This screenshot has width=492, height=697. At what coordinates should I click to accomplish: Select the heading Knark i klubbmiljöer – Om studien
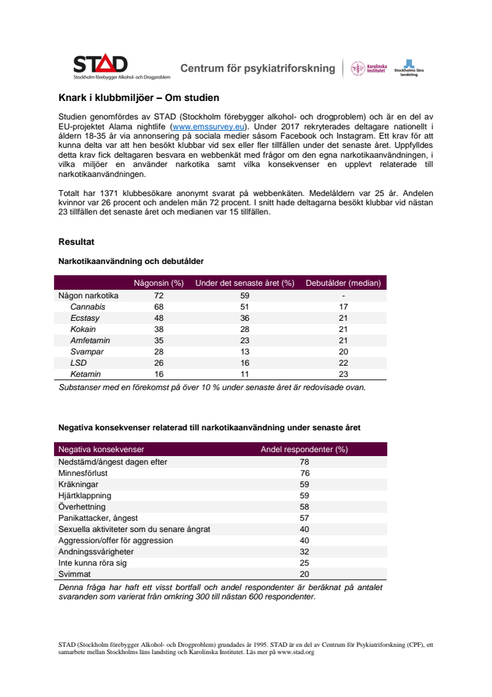click(x=138, y=98)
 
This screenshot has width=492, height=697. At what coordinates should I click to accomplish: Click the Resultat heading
click(x=77, y=242)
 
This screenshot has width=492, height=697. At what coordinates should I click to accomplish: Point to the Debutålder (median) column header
click(x=343, y=283)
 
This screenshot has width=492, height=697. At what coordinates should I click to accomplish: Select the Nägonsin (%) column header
click(x=158, y=283)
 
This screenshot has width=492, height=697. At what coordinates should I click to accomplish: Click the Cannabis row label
click(x=88, y=307)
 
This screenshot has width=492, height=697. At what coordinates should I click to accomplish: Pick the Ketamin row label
click(x=86, y=374)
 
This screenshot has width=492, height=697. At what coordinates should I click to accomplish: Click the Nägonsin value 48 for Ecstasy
click(x=158, y=318)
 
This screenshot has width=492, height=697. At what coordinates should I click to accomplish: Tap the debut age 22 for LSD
click(x=344, y=363)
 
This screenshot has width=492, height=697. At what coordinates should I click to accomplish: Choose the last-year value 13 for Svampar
click(x=245, y=352)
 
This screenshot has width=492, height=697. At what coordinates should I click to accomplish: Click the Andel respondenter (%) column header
click(x=304, y=449)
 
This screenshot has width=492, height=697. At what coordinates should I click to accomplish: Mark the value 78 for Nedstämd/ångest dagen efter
click(x=305, y=461)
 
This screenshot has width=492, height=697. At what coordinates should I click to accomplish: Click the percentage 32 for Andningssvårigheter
click(x=305, y=551)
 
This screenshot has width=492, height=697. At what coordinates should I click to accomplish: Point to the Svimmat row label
click(x=74, y=574)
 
